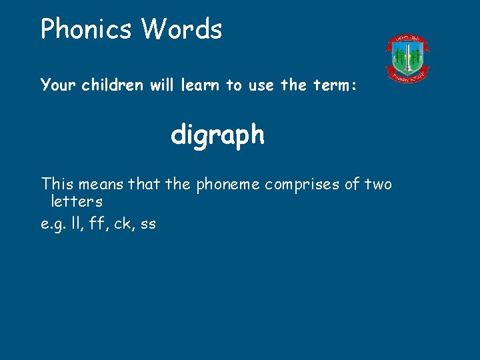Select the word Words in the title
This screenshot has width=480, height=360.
pyautogui.click(x=181, y=29)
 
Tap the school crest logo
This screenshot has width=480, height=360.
pyautogui.click(x=407, y=59)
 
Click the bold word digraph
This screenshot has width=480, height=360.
pyautogui.click(x=217, y=136)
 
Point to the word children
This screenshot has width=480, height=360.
pyautogui.click(x=111, y=85)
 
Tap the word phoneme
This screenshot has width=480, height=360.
pyautogui.click(x=228, y=184)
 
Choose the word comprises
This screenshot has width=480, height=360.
pyautogui.click(x=303, y=184)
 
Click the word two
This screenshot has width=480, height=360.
pyautogui.click(x=378, y=184)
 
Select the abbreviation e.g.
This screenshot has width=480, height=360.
pyautogui.click(x=53, y=225)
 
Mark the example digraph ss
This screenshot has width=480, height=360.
pyautogui.click(x=148, y=225)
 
